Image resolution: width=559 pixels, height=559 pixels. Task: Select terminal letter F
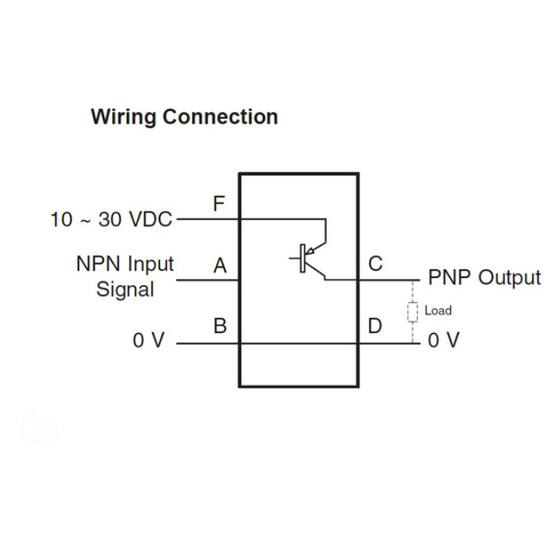point(219,204)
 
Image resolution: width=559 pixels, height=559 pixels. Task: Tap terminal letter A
point(219,266)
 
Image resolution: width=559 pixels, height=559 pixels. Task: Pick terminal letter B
point(219,327)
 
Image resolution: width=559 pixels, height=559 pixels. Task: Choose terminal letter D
point(375,327)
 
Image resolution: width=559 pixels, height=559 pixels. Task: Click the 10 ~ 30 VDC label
point(111,219)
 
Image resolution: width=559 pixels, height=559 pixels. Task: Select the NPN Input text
point(125,264)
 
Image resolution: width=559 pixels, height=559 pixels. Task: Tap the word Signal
point(125,289)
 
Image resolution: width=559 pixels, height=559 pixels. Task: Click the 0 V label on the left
point(148,341)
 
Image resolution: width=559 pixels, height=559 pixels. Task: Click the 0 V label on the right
point(444,341)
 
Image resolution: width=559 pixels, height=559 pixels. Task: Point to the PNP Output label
point(485,278)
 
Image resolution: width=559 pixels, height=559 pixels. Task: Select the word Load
point(437,311)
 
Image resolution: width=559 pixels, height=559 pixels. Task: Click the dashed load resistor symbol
point(413,312)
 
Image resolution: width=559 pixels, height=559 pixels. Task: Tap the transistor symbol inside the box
point(308,258)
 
